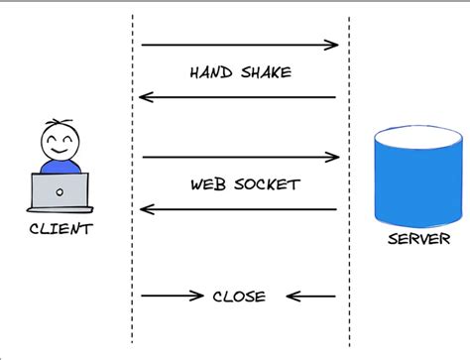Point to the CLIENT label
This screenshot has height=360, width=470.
[x=59, y=229]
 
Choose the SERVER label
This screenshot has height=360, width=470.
[x=417, y=239]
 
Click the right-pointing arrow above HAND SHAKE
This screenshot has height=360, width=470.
[x=240, y=45]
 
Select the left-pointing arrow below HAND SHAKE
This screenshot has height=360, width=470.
[x=238, y=97]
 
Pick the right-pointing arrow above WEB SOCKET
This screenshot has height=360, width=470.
[x=240, y=157]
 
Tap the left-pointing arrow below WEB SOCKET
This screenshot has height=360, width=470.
[x=238, y=209]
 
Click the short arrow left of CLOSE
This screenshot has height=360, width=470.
[x=173, y=295]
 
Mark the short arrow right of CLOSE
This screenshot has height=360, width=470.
[x=310, y=296]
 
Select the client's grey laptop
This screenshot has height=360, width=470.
[x=59, y=192]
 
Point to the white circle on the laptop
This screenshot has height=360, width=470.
[x=59, y=191]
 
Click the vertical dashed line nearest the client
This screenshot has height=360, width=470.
[x=132, y=179]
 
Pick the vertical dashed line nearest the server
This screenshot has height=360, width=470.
[x=348, y=179]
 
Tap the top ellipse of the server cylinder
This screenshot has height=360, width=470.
[x=416, y=135]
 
